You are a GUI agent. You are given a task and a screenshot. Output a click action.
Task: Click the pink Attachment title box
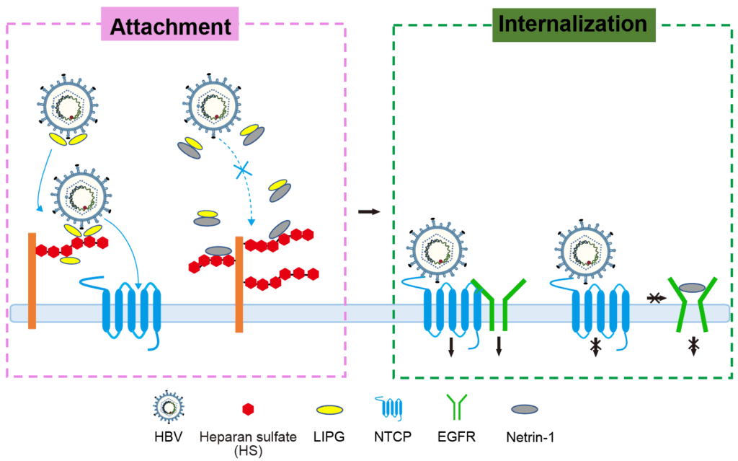(170, 27)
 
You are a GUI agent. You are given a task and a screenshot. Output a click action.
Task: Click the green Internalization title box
(573, 24)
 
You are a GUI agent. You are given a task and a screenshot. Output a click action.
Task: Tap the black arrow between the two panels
(368, 211)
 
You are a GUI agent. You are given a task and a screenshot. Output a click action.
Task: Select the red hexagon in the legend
(248, 409)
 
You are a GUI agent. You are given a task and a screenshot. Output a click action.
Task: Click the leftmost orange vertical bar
(32, 281)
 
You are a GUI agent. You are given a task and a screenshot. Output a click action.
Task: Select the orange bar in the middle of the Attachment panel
(238, 284)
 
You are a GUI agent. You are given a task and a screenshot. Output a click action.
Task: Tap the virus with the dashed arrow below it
(210, 105)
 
